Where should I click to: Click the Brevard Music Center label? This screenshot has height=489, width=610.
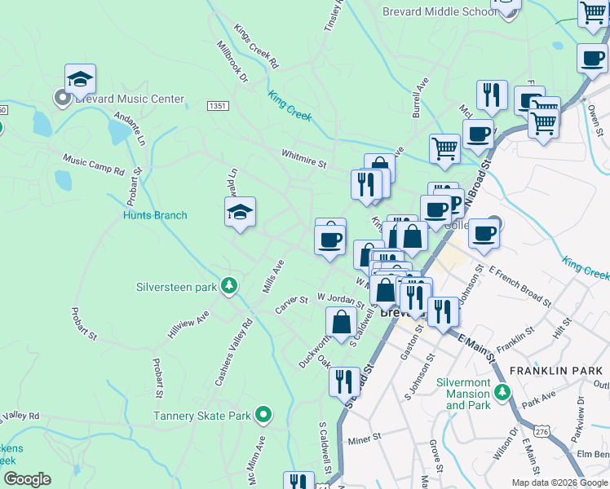pyautogui.click(x=128, y=99)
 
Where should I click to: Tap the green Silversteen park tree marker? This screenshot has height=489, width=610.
pyautogui.click(x=231, y=286)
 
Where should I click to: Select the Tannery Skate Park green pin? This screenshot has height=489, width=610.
pyautogui.click(x=263, y=416)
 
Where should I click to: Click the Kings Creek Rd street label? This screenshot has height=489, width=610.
pyautogui.click(x=256, y=50)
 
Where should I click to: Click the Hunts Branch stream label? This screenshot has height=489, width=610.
pyautogui.click(x=155, y=216)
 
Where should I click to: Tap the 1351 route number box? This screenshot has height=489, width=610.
pyautogui.click(x=217, y=106)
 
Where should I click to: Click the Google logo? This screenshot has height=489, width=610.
pyautogui.click(x=27, y=480)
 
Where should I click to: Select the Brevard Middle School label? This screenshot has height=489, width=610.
pyautogui.click(x=440, y=11)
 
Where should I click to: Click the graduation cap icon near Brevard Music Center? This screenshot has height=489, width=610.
pyautogui.click(x=80, y=79)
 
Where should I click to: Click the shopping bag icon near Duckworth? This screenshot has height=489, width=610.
pyautogui.click(x=341, y=321)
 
